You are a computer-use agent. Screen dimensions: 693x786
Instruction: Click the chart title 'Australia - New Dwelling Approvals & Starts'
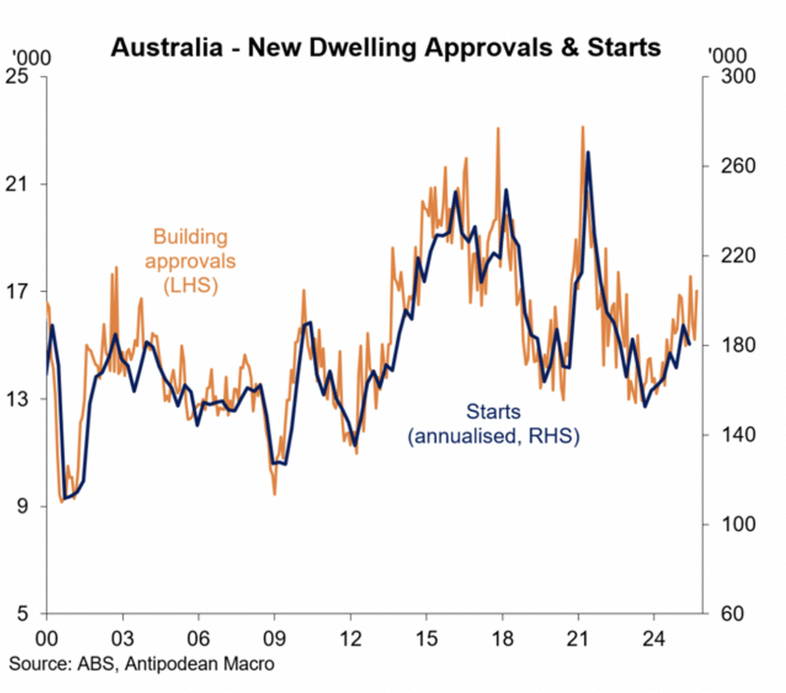coord(385,47)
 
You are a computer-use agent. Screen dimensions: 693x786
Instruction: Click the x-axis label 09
coord(274,638)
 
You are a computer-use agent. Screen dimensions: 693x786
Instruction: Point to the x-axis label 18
coord(502,638)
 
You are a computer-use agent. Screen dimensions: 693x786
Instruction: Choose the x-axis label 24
coord(654,638)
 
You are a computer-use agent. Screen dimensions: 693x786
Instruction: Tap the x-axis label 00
coord(47,638)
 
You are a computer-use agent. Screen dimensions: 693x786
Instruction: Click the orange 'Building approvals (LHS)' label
coord(190,261)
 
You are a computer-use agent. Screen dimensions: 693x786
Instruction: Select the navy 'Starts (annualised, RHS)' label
coord(493,425)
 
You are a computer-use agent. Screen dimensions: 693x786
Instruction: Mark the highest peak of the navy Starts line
coord(588,153)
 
